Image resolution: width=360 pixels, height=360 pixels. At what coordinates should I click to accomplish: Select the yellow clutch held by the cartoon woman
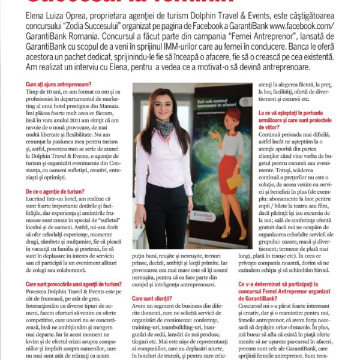[x=235, y=180]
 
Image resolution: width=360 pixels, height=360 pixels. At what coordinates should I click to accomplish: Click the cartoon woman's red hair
[x=233, y=116]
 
